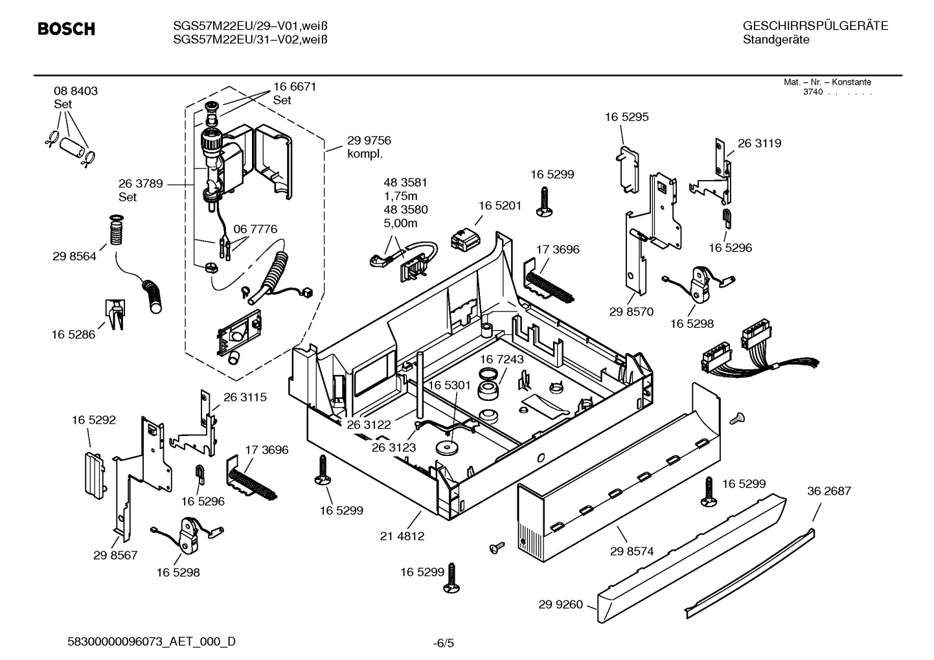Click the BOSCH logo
tap(66, 29)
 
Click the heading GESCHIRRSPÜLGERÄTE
tap(815, 26)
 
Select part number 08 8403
tap(76, 91)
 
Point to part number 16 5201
tap(499, 205)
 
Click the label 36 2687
tap(828, 491)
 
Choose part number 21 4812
tap(402, 536)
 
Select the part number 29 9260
tap(560, 604)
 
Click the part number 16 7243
tap(501, 359)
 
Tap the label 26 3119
tap(759, 143)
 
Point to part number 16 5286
tap(73, 334)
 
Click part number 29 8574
tap(632, 551)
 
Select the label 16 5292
tap(93, 420)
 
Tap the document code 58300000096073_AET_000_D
tap(152, 642)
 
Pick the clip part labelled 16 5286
tap(115, 314)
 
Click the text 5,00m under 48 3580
tap(400, 223)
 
